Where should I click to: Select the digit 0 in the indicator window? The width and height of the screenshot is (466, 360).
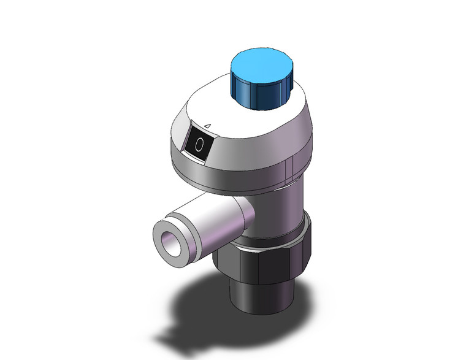[x=200, y=145]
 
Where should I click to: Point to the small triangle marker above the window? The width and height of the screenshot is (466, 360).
[x=207, y=125]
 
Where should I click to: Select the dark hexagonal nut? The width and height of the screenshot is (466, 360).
[x=270, y=264]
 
